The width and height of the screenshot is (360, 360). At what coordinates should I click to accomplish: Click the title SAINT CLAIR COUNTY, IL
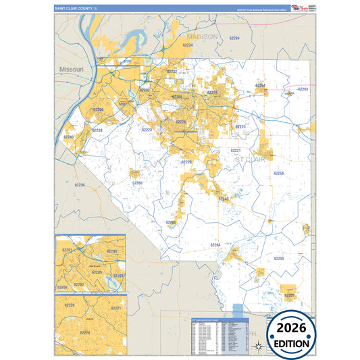77,9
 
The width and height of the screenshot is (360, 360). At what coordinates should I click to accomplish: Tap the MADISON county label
202,36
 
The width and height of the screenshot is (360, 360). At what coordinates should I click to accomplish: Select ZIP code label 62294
234,38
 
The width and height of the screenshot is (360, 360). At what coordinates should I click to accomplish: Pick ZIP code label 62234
187,45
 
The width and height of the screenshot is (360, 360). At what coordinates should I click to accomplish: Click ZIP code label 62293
303,89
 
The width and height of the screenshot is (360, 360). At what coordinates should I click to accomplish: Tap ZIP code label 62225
240,126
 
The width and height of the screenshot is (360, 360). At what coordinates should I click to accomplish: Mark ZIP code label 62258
278,174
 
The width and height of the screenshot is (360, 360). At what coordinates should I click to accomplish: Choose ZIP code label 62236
80,184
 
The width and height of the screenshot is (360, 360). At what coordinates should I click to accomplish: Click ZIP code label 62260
137,183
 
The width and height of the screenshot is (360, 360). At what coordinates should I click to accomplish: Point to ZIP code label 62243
224,199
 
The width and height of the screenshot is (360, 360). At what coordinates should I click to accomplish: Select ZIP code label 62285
170,222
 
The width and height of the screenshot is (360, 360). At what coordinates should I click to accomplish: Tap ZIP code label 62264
215,245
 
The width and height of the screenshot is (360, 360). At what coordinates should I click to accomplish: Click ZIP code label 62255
278,259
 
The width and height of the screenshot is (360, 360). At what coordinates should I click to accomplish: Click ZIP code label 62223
147,130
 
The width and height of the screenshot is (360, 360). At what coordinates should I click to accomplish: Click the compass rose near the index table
257,347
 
